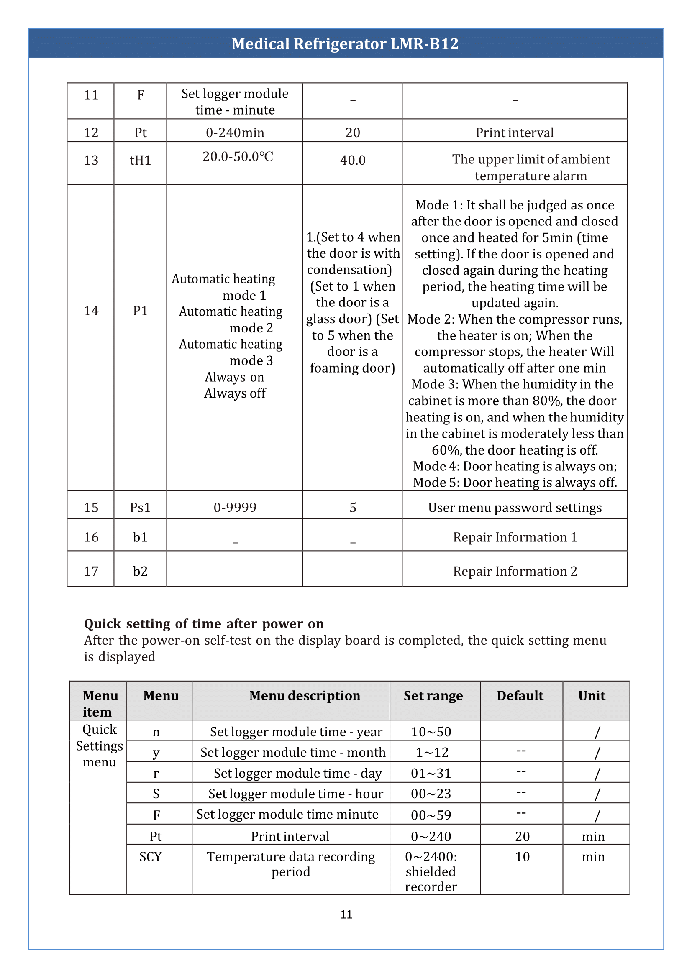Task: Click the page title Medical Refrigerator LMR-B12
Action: pyautogui.click(x=345, y=44)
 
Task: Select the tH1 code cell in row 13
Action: pyautogui.click(x=140, y=161)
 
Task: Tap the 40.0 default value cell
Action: pyautogui.click(x=352, y=161)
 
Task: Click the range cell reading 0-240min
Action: pyautogui.click(x=235, y=133)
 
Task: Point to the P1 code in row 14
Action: pyautogui.click(x=140, y=311)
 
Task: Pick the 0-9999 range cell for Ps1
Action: pyautogui.click(x=235, y=507)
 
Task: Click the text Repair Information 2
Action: pyautogui.click(x=515, y=571)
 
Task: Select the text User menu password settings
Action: pyautogui.click(x=515, y=507)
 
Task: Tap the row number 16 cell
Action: pyautogui.click(x=91, y=537)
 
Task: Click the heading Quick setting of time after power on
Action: pyautogui.click(x=204, y=623)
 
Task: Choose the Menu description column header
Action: pyautogui.click(x=305, y=696)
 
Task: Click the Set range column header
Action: pyautogui.click(x=433, y=696)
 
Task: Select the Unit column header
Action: pyautogui.click(x=592, y=696)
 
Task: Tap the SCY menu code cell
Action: pyautogui.click(x=151, y=857)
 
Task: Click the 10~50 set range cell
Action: pyautogui.click(x=431, y=732)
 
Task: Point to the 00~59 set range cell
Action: pyautogui.click(x=431, y=815)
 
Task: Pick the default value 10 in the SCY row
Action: pyautogui.click(x=522, y=857)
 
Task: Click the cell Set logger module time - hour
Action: pyautogui.click(x=296, y=794)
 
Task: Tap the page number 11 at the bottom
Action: pyautogui.click(x=346, y=914)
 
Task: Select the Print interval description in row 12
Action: pyautogui.click(x=515, y=133)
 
